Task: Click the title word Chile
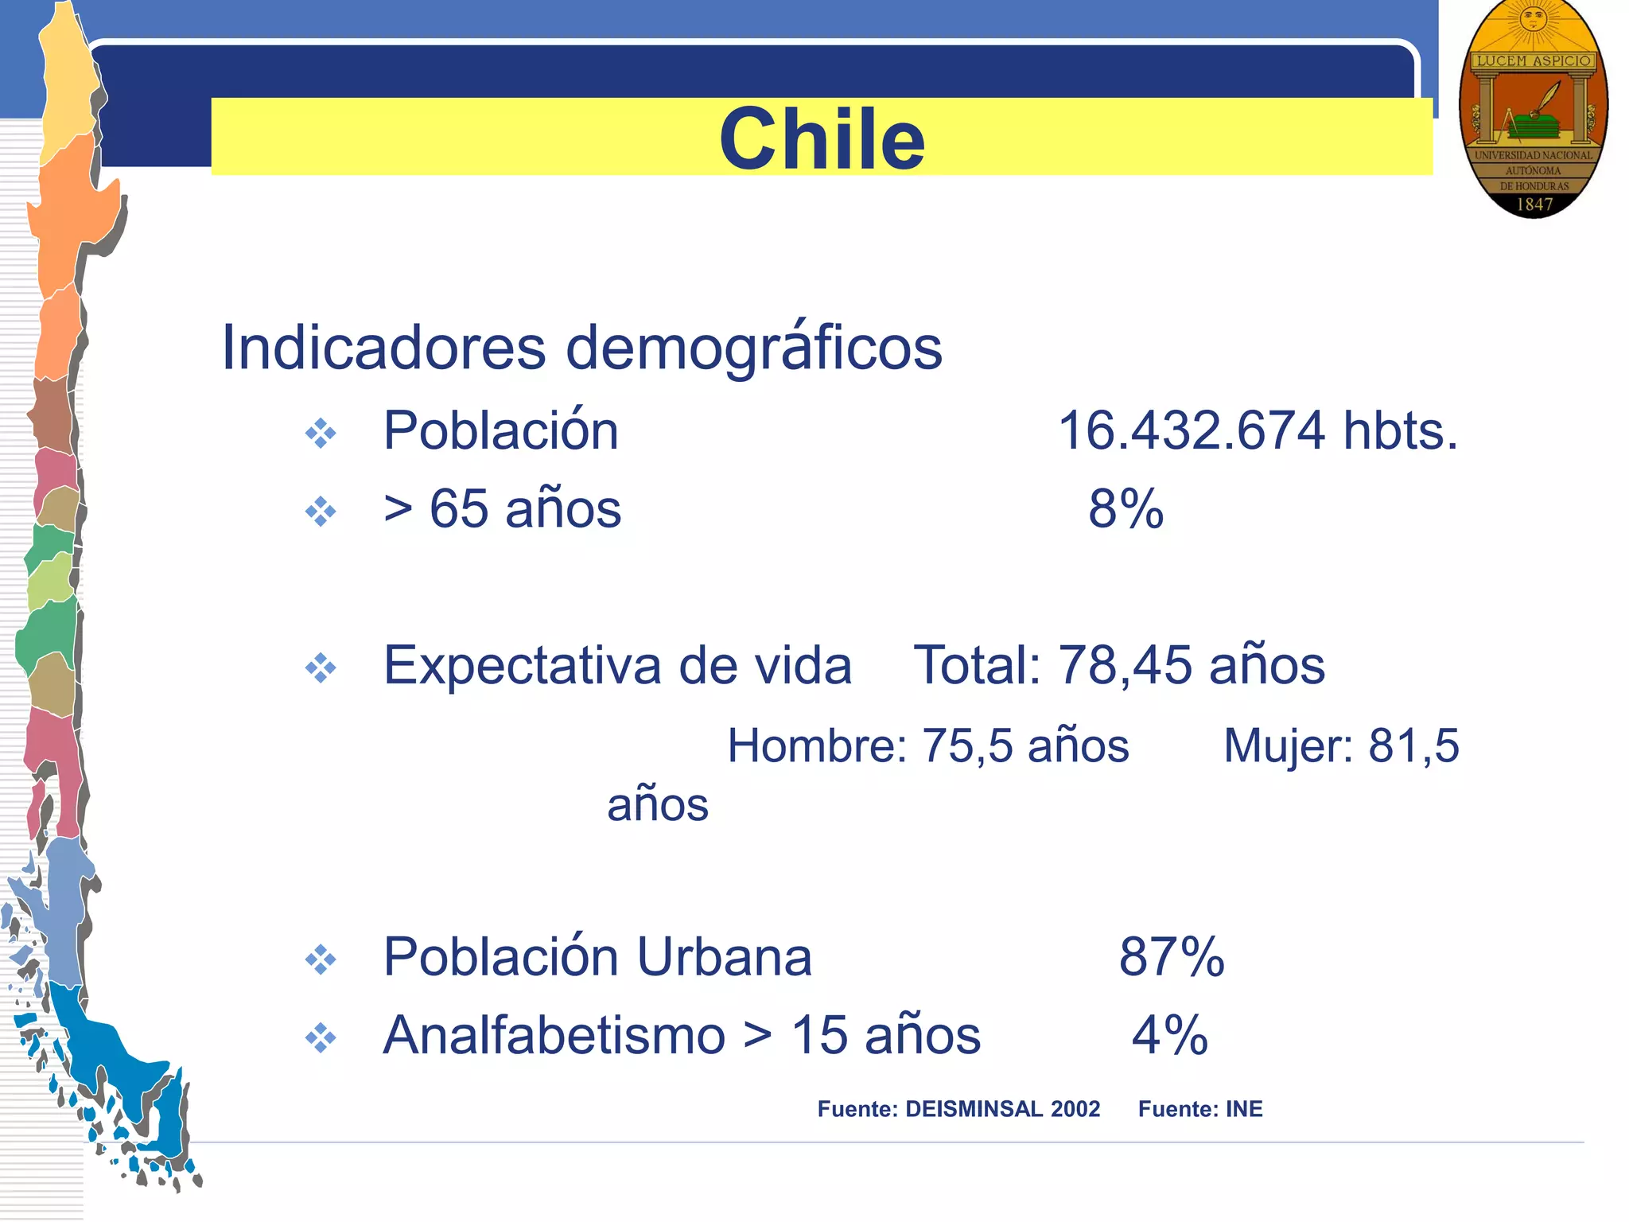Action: [822, 139]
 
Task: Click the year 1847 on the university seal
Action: [1534, 204]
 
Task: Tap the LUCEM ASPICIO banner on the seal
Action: [1534, 61]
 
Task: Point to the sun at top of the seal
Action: [1533, 19]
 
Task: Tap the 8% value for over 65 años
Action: [1126, 509]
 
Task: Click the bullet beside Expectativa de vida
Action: [321, 668]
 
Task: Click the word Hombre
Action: [816, 746]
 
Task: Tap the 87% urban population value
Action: [1171, 956]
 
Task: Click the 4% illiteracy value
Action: [1169, 1035]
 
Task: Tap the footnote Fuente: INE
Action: [1199, 1109]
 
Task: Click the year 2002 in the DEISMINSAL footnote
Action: [1075, 1109]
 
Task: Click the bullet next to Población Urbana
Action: [321, 959]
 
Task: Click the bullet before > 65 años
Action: [321, 512]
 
